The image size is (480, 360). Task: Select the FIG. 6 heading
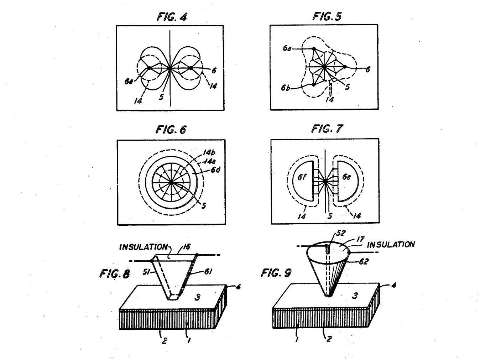171,130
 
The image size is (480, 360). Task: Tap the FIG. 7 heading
327,129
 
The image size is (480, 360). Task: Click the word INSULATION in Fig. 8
143,247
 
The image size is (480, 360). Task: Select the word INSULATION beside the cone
391,245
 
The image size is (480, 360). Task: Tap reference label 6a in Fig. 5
287,48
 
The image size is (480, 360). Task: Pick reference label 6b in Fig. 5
286,88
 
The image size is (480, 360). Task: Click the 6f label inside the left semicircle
302,177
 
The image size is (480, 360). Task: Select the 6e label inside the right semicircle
346,177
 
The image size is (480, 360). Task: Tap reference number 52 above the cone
341,233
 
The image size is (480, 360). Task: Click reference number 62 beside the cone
363,261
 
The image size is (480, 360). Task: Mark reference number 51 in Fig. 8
146,272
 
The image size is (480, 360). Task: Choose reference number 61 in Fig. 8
208,272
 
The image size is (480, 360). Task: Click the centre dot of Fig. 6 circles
171,182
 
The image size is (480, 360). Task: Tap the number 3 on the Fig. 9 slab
355,295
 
